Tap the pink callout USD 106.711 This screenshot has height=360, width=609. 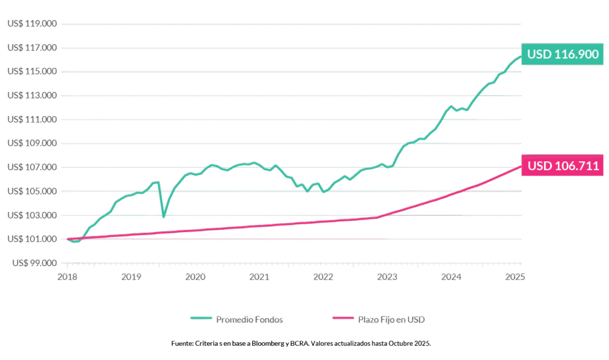pos(563,166)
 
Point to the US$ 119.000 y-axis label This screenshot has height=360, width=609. pos(33,24)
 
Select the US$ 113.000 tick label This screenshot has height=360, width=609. pos(33,95)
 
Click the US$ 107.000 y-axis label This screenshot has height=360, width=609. pos(33,167)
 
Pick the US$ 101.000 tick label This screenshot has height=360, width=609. pos(33,239)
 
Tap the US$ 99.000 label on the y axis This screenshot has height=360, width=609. pos(33,262)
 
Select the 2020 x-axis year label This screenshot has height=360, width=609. pos(195,277)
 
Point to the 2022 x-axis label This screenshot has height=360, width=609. pos(324,277)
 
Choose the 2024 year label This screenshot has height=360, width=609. pos(452,277)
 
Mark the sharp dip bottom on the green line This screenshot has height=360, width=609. pos(164,216)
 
